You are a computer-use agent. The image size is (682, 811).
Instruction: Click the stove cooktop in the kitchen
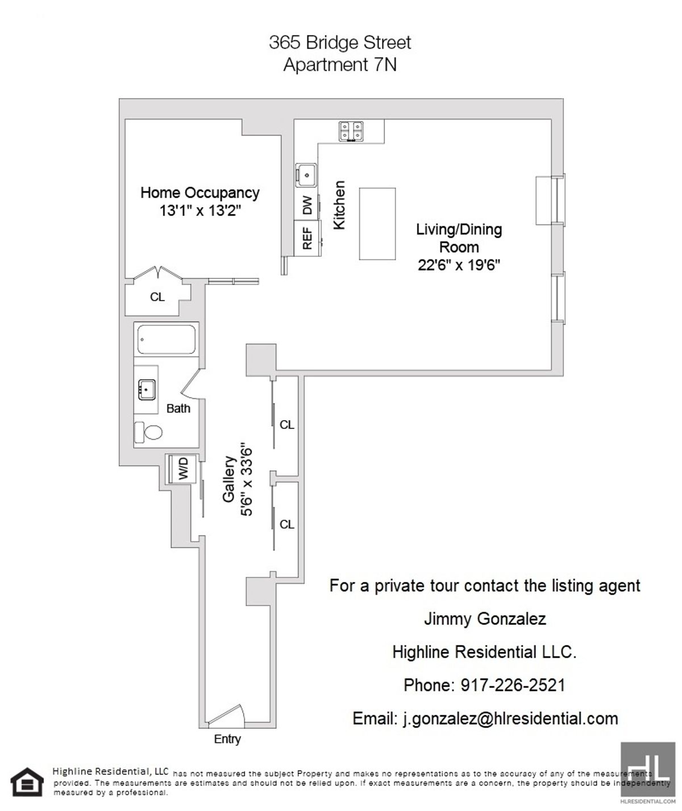point(351,131)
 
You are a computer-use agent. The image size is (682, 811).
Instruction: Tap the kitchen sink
point(306,173)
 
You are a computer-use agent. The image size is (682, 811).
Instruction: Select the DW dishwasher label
point(307,204)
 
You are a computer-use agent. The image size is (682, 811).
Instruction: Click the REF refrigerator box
point(307,239)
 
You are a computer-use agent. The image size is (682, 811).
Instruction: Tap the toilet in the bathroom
point(149,433)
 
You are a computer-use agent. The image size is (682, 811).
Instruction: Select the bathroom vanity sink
point(147,390)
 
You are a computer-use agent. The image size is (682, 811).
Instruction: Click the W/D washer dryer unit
point(182,469)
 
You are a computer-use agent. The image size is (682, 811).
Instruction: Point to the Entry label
point(227,739)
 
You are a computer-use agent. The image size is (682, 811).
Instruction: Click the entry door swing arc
point(226,714)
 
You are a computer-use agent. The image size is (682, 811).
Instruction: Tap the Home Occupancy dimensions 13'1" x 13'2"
point(201,211)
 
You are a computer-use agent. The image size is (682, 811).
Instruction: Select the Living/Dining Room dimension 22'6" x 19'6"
point(459,265)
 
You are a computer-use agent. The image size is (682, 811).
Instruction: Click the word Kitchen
point(339,205)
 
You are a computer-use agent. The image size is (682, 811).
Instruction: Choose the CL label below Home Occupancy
point(157,296)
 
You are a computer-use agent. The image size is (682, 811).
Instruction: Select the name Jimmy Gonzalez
point(485,618)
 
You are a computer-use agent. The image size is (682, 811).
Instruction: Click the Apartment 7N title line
point(340,65)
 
